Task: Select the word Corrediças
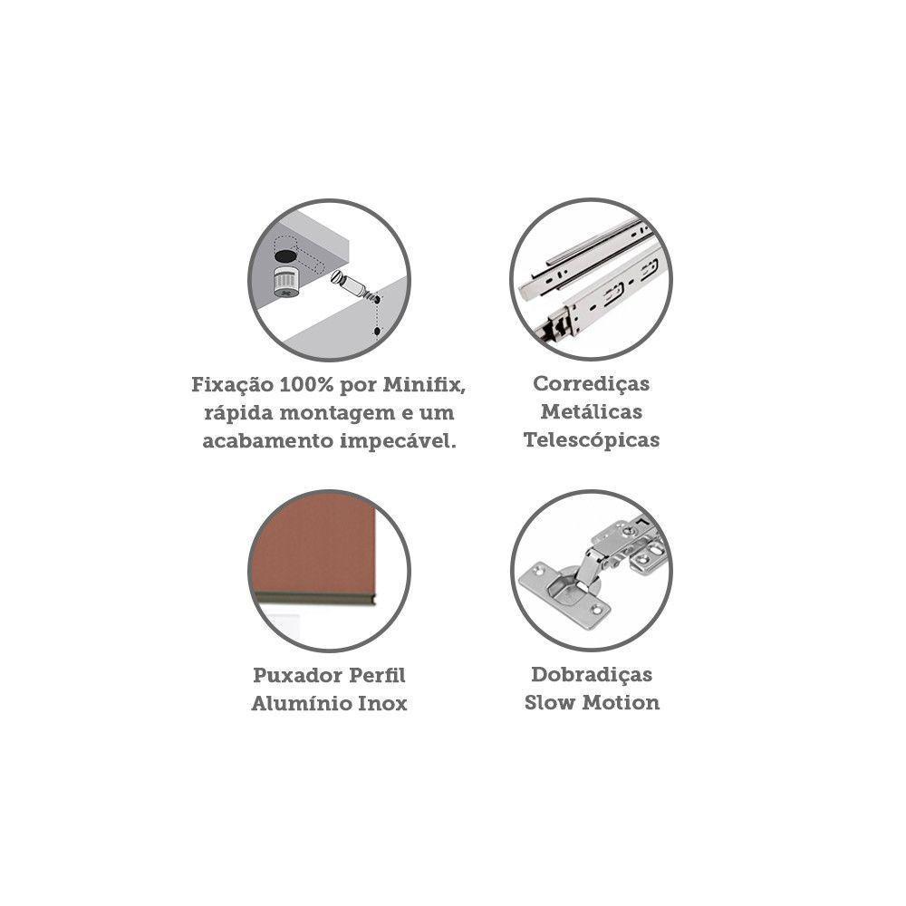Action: tap(591, 384)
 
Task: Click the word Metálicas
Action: tap(591, 412)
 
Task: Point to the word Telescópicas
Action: tap(591, 440)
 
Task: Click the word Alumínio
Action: tap(301, 703)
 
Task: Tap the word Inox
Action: tap(382, 703)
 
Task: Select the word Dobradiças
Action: tap(591, 675)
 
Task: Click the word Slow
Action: tap(550, 703)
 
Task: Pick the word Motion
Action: tap(621, 703)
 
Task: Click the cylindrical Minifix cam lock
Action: tap(286, 282)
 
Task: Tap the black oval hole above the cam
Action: tap(286, 255)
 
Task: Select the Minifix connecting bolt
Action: tap(353, 286)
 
